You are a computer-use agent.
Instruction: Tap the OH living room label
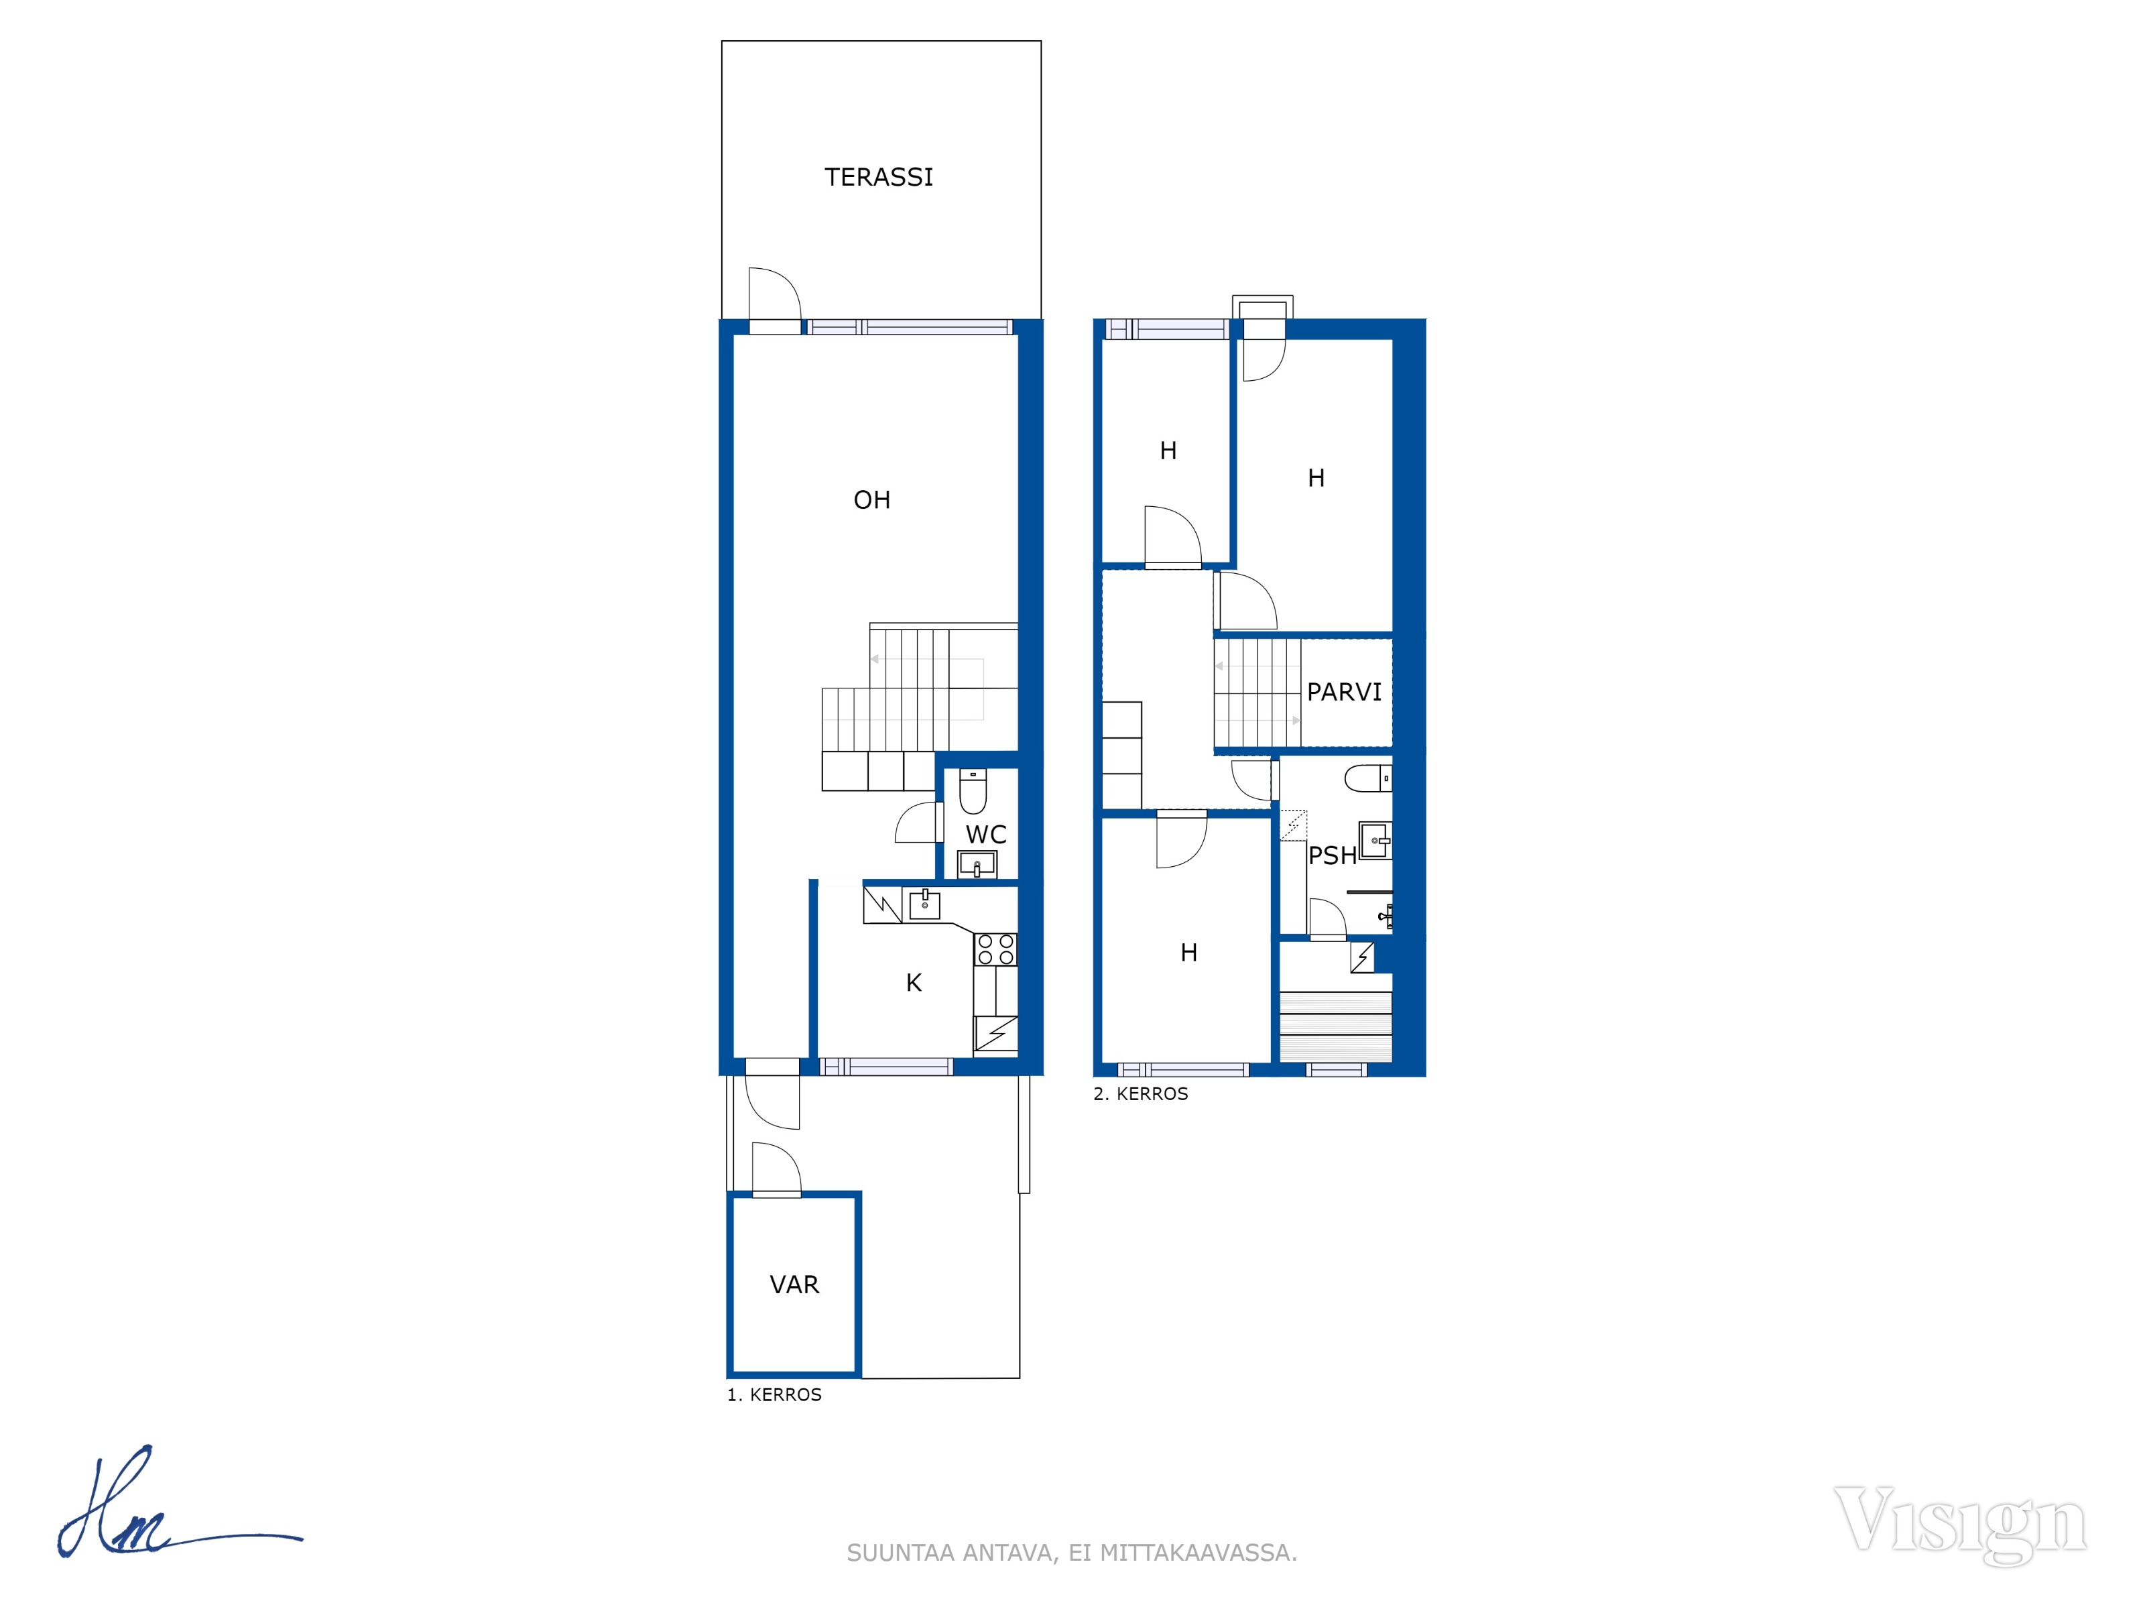click(872, 499)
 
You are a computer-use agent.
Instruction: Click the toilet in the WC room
click(973, 791)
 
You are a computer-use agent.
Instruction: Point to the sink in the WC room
click(977, 864)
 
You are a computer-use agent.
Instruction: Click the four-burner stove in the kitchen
click(996, 949)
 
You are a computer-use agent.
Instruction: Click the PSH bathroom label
click(1333, 855)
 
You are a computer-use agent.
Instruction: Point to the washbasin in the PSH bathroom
click(1375, 841)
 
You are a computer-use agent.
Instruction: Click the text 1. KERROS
click(775, 1394)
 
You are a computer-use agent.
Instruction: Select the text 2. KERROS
click(1140, 1094)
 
